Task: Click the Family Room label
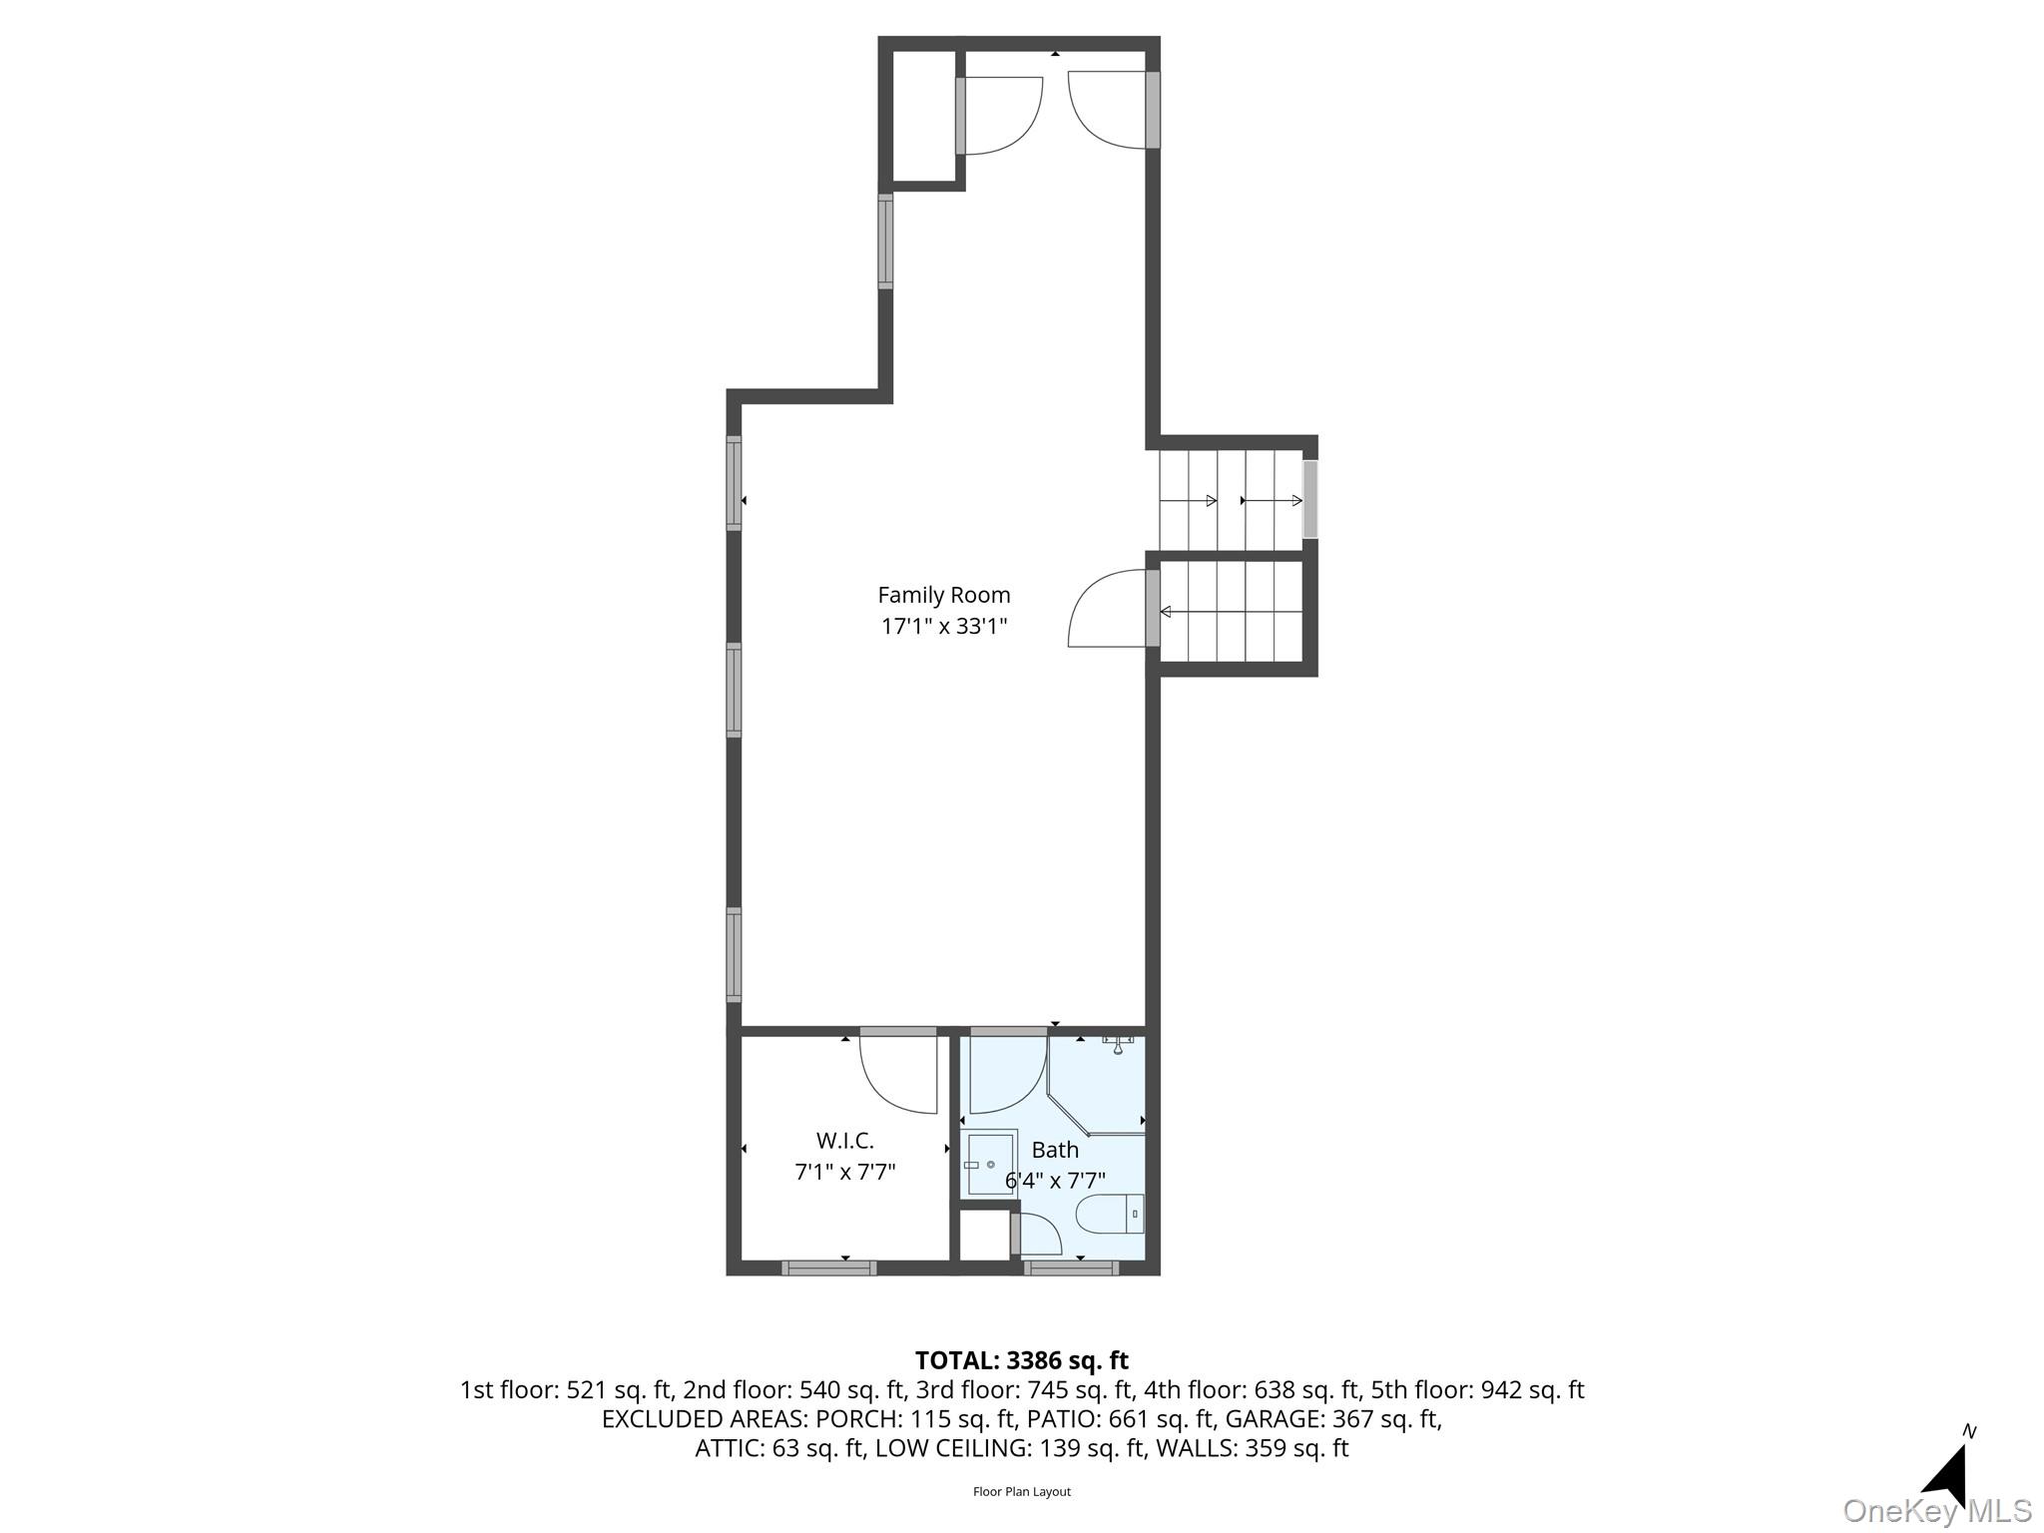coord(943,595)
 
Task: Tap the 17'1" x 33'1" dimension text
coord(944,627)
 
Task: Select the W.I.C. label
coord(844,1140)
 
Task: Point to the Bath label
coord(1055,1150)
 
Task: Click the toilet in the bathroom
coord(1110,1214)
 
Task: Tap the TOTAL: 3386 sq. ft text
coord(1022,1360)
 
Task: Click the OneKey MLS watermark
coord(1936,1511)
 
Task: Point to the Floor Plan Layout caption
coord(1022,1492)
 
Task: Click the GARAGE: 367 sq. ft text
coord(1332,1418)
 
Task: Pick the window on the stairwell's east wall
coord(1310,499)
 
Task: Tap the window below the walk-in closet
coord(829,1268)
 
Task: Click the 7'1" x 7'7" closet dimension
coord(845,1171)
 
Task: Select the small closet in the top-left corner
coord(923,116)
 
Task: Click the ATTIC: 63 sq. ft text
coord(780,1447)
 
